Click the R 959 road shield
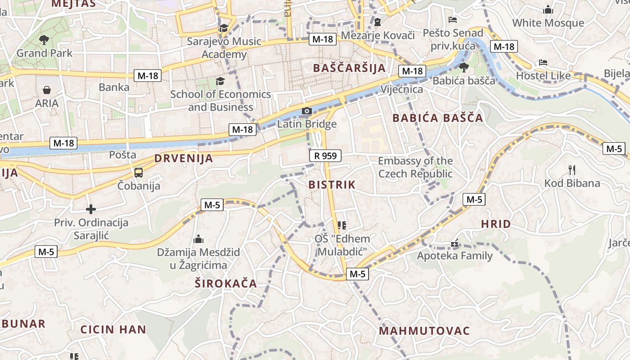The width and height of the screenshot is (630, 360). tap(325, 156)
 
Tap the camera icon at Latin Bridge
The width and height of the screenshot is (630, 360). tap(306, 111)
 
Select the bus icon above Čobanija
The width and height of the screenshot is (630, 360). tap(139, 172)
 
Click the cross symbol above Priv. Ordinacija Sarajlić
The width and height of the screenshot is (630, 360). tap(91, 209)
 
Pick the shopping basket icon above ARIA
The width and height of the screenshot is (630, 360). tap(47, 90)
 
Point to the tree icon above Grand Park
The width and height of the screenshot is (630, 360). tap(44, 40)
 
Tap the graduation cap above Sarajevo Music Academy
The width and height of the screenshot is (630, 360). tap(224, 28)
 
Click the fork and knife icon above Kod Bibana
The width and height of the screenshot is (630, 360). tap(572, 170)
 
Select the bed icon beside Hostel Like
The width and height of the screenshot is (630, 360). tap(543, 63)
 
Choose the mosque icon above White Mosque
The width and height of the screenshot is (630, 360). tap(548, 9)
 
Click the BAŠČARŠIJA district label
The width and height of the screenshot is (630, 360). tap(349, 68)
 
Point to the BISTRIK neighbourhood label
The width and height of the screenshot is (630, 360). tap(332, 184)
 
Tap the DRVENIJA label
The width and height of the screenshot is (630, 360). tap(184, 158)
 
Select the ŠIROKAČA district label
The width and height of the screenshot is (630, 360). tap(226, 283)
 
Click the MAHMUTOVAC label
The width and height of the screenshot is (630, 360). tap(424, 331)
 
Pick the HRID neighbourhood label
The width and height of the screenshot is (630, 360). tap(496, 224)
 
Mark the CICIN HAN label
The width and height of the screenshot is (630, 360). tap(113, 329)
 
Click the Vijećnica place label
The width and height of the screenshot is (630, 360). tap(402, 89)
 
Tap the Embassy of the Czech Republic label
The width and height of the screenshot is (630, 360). tap(415, 167)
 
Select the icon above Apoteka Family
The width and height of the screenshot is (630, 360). tap(454, 243)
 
